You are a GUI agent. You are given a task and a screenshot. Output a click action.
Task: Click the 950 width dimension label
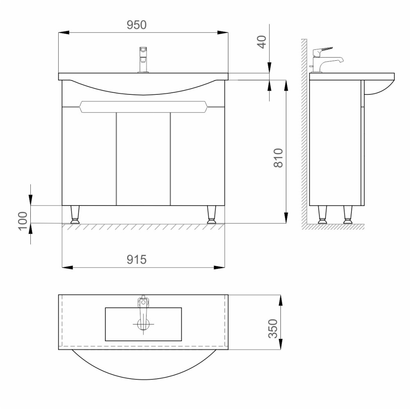[137, 25]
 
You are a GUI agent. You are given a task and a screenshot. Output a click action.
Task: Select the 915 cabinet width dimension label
[137, 260]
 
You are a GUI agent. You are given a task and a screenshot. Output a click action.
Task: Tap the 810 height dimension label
[278, 158]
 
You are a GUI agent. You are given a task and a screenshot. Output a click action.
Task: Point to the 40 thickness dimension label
[262, 42]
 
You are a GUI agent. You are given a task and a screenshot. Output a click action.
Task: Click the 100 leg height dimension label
[23, 221]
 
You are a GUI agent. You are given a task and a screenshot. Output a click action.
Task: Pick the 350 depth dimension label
[273, 329]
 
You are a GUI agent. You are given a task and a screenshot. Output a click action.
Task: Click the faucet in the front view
[143, 59]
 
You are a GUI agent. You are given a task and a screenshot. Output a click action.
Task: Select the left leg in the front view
[75, 215]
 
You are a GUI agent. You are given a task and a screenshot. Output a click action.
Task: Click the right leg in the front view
[212, 215]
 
